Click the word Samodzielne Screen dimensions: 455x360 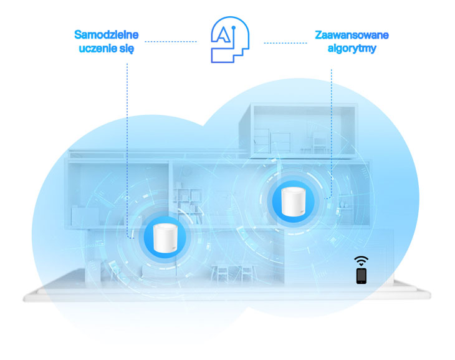[x=107, y=35]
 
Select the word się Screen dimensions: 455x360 [x=127, y=49]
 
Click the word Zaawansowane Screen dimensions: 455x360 [x=352, y=35]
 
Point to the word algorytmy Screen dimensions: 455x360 [x=352, y=49]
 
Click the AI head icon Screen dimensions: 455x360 [x=230, y=39]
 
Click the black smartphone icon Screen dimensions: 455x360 [x=362, y=276]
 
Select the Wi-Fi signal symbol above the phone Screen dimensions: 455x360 [x=361, y=261]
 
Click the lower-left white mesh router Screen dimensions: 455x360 [x=165, y=238]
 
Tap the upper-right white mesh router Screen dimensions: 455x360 [x=294, y=202]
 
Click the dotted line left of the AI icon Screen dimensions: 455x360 [x=171, y=42]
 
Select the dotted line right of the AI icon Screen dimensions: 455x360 [x=285, y=43]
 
